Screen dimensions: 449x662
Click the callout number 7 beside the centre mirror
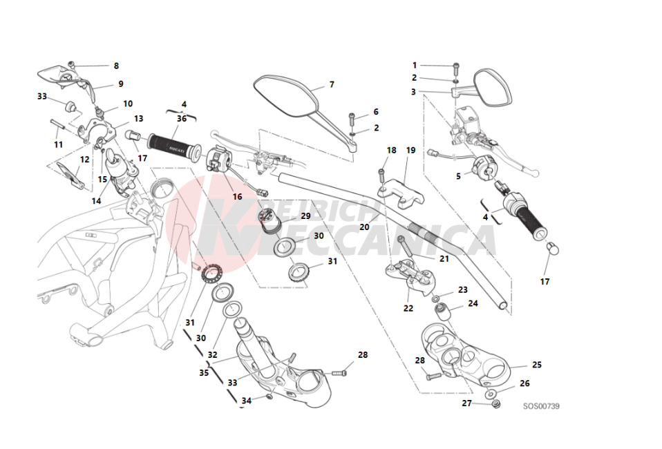[332, 84]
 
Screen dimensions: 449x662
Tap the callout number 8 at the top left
[116, 66]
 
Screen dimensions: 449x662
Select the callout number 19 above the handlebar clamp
[410, 150]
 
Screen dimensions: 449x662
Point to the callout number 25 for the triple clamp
[537, 365]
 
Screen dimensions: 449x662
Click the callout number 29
[306, 216]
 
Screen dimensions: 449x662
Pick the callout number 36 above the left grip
[182, 119]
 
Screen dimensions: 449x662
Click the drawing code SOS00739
[541, 406]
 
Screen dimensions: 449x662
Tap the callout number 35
[204, 373]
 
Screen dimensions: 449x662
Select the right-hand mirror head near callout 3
[493, 86]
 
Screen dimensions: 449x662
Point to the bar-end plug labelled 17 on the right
[552, 248]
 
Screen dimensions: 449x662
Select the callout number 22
[408, 308]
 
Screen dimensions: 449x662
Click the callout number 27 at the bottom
[466, 403]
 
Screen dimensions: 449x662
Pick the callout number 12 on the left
[84, 160]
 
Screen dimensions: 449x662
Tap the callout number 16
[237, 197]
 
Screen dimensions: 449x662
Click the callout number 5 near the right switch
[458, 176]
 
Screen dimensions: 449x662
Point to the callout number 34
[247, 401]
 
